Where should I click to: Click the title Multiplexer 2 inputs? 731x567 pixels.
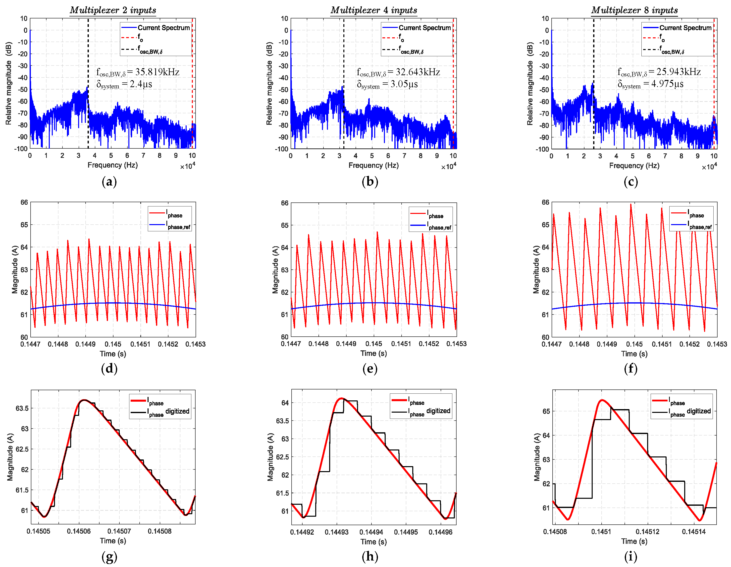pyautogui.click(x=113, y=10)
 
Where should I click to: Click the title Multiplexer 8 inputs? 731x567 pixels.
pyautogui.click(x=634, y=10)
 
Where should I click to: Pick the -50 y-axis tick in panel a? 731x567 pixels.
pyautogui.click(x=23, y=89)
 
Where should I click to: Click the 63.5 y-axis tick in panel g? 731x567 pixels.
pyautogui.click(x=22, y=408)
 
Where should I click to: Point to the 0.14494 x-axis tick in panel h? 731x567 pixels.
pyautogui.click(x=371, y=532)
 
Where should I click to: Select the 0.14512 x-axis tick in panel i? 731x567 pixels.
pyautogui.click(x=647, y=531)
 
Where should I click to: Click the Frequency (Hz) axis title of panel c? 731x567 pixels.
pyautogui.click(x=634, y=165)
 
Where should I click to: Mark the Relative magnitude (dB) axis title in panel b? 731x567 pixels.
pyautogui.click(x=269, y=83)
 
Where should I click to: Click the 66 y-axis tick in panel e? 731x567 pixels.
pyautogui.click(x=284, y=203)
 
